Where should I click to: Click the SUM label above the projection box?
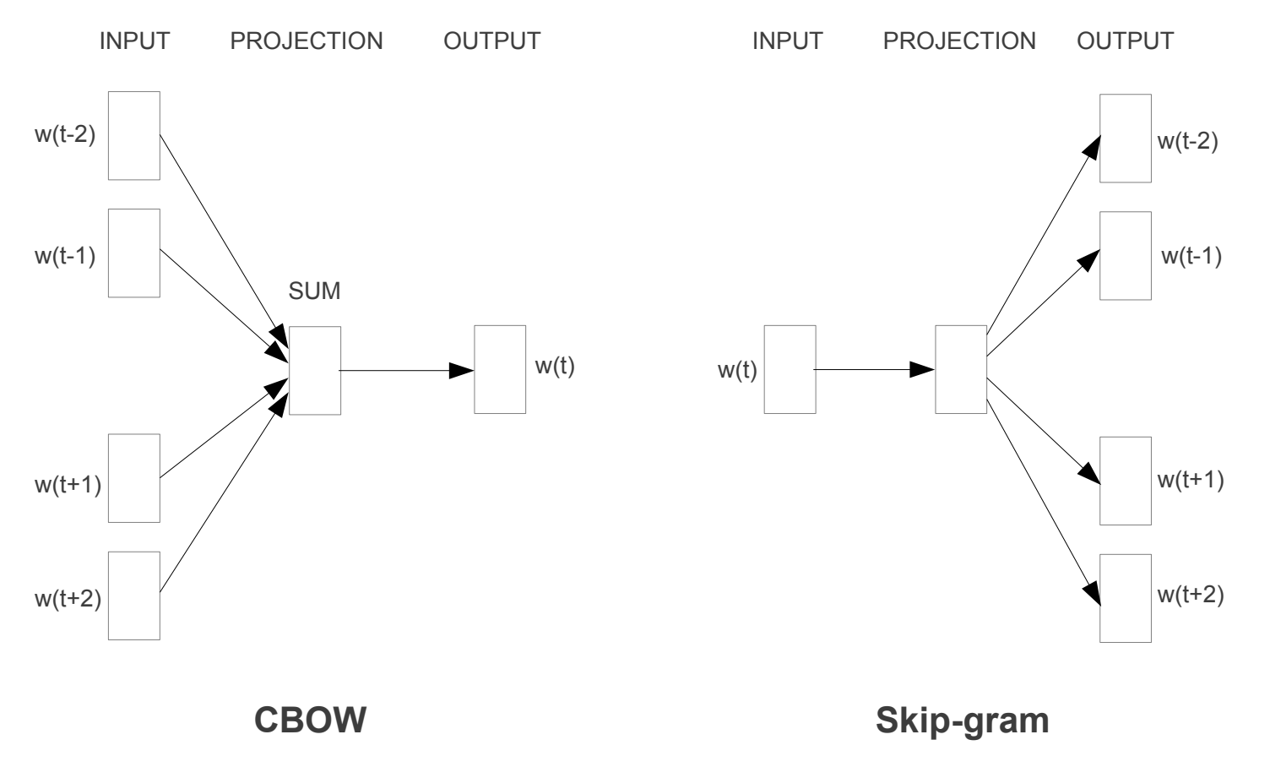314,291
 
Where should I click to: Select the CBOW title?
311,721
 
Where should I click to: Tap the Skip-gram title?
962,721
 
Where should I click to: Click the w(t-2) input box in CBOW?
134,136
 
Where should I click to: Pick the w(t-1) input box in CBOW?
134,253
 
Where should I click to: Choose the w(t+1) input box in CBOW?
134,478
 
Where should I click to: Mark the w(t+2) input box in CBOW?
134,596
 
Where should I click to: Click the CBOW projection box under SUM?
315,371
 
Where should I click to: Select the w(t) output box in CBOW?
500,370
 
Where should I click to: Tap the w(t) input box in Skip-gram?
790,370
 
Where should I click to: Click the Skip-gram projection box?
961,370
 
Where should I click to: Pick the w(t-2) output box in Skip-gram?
1125,139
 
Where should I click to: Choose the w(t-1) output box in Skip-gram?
1125,256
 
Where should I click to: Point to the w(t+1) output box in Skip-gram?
1125,481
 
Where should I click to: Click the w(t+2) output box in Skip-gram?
1125,598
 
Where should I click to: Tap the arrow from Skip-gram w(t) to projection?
875,370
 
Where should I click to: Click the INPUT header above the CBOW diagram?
134,41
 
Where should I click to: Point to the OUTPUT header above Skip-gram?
1125,41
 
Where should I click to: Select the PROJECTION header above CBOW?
307,41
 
